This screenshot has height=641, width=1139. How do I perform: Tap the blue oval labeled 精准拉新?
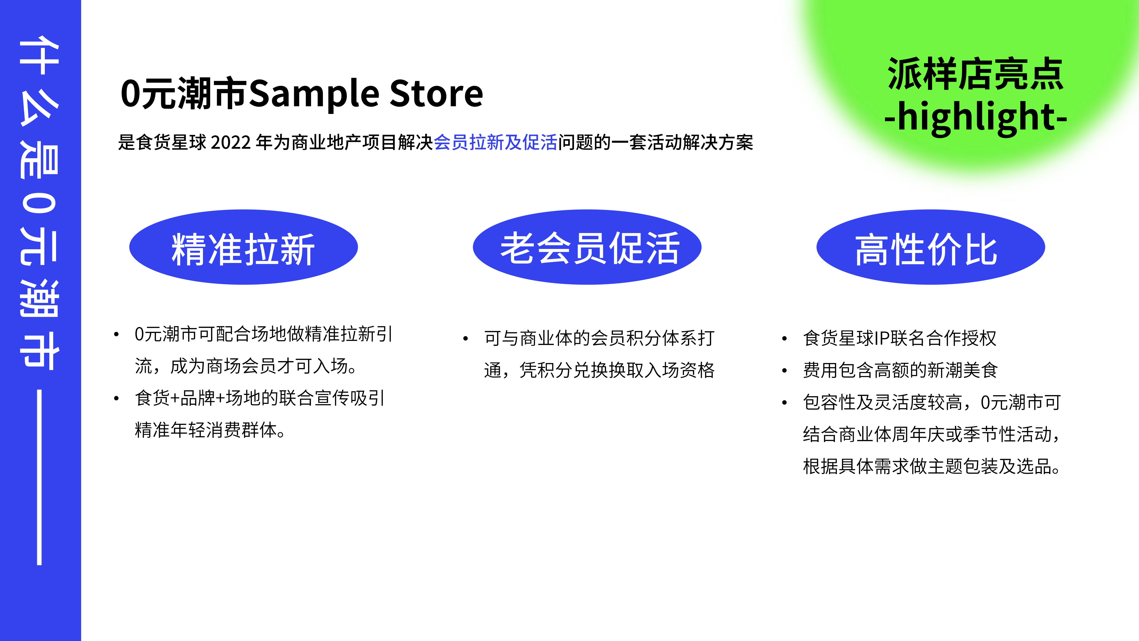pos(243,247)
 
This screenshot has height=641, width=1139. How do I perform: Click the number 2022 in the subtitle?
pos(231,142)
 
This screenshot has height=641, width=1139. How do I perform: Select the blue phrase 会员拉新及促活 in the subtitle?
pos(495,142)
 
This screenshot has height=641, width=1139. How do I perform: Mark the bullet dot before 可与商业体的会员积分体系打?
pos(465,339)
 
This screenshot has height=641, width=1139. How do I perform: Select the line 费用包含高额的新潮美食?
pos(900,370)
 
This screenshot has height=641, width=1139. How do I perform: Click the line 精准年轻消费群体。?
pos(210,430)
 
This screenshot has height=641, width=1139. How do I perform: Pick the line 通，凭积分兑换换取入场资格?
pos(599,370)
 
